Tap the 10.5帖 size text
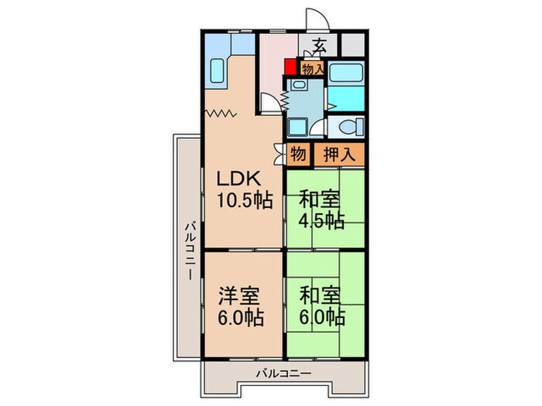point(243,200)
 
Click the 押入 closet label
point(338,154)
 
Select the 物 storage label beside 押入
point(298,154)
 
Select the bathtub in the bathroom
point(345,73)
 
